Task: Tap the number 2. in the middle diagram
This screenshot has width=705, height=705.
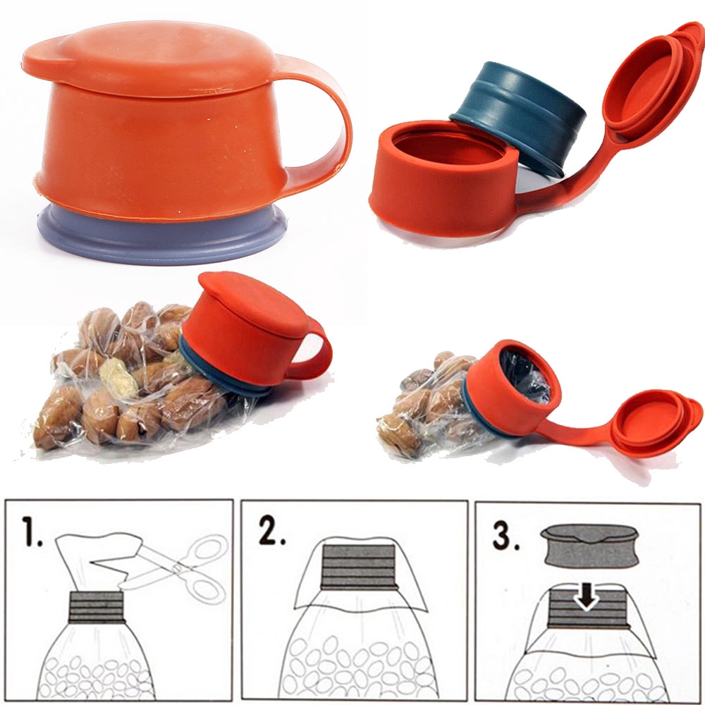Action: point(271,534)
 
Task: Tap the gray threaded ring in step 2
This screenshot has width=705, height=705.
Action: point(358,567)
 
